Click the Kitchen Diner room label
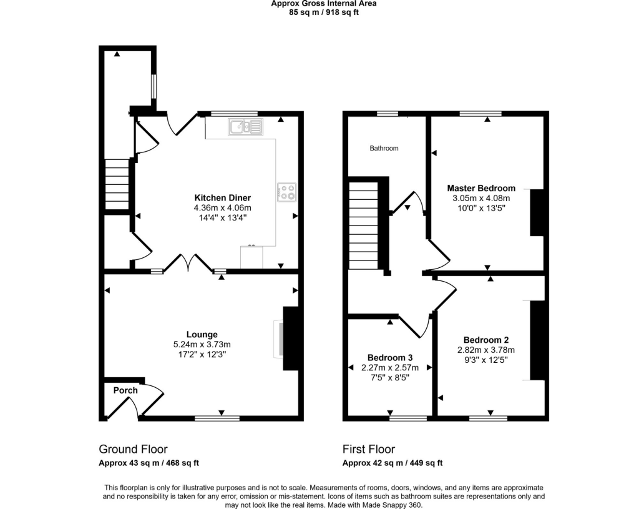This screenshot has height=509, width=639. [223, 198]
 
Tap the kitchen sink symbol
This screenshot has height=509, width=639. [246, 127]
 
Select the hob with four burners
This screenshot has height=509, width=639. [287, 192]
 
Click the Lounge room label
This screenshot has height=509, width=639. [202, 334]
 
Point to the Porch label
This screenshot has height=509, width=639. [125, 390]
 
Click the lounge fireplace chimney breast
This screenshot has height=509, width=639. [291, 339]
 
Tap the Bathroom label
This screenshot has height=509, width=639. [384, 149]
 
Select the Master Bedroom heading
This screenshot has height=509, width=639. [481, 188]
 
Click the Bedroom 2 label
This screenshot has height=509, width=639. [486, 340]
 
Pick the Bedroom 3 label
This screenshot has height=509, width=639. [390, 358]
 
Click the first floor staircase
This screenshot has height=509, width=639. [364, 225]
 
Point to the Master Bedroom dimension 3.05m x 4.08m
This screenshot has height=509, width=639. [481, 198]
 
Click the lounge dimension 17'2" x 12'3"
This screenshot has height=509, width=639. [202, 354]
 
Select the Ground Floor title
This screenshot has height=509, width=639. [134, 449]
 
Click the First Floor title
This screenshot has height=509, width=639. [369, 449]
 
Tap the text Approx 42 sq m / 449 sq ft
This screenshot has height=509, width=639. [393, 463]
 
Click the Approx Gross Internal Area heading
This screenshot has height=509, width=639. [324, 4]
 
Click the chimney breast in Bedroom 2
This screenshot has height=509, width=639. [537, 340]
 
